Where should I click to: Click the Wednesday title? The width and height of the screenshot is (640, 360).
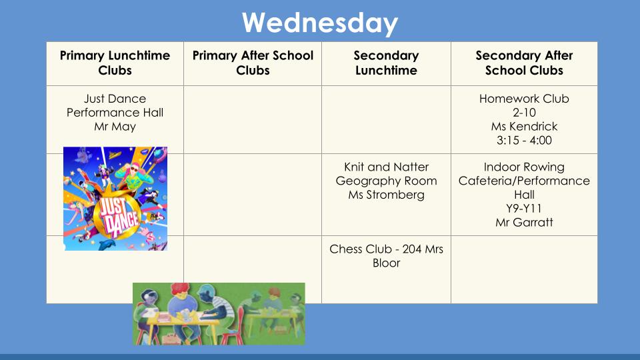319,23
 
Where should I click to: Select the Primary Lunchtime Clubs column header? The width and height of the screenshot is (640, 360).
115,63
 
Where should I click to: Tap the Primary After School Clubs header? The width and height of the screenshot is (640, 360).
253,63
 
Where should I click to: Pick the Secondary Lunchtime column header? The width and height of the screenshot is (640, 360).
386,63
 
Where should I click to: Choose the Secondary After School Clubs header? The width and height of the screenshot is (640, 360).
524,63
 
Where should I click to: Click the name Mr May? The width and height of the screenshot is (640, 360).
115,127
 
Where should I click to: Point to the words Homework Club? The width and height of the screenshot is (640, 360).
524,99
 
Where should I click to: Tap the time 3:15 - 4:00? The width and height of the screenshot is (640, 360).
524,141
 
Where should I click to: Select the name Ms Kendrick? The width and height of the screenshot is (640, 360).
524,127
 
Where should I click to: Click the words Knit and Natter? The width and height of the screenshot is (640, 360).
386,167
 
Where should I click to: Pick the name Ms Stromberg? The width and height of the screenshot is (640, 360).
386,195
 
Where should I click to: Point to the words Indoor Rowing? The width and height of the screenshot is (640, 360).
524,167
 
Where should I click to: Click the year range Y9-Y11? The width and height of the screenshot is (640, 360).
524,209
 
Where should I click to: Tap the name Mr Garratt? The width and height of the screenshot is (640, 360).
524,223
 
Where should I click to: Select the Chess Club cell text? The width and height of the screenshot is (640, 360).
386,256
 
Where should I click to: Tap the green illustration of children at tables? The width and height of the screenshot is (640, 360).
219,314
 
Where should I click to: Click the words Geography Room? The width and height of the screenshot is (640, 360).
386,181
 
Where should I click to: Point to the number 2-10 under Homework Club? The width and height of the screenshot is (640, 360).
524,113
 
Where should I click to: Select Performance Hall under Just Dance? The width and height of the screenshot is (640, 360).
115,113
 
